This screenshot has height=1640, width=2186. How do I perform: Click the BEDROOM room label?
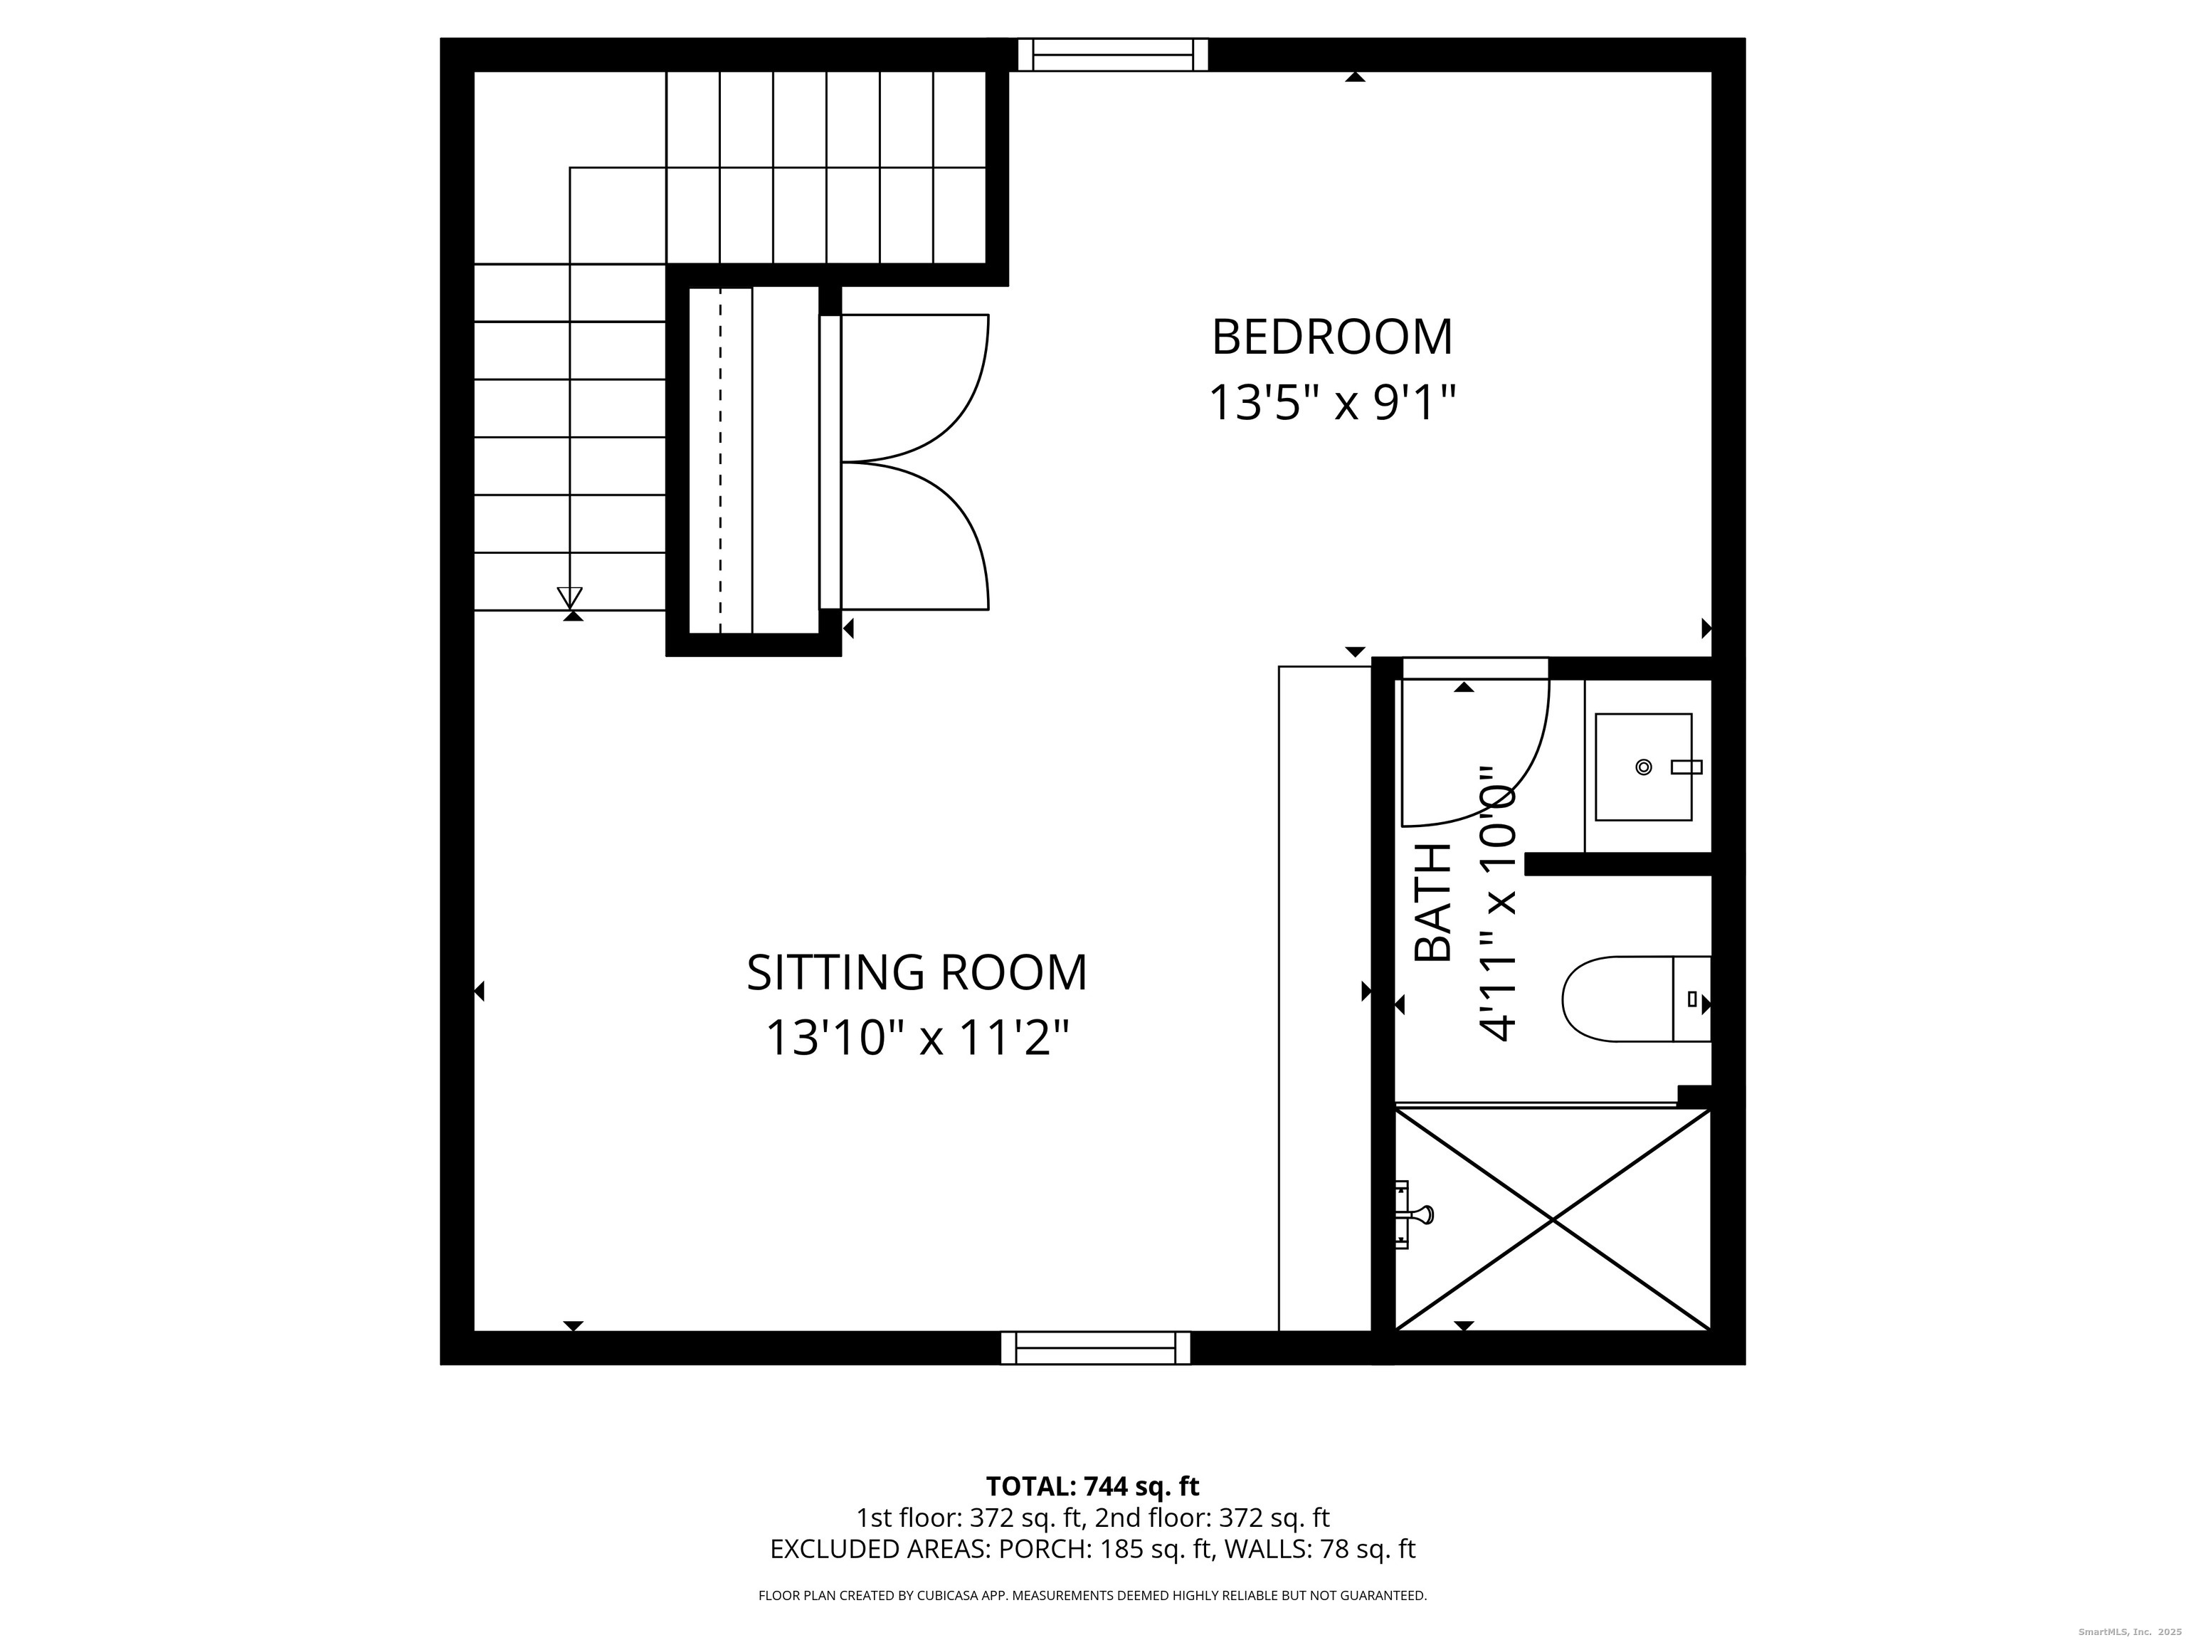(1331, 337)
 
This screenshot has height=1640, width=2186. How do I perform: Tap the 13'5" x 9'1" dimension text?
(1332, 404)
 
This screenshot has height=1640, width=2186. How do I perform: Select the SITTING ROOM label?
(916, 973)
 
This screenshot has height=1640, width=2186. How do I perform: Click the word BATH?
(1433, 903)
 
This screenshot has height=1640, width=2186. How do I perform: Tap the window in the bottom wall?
(1095, 1348)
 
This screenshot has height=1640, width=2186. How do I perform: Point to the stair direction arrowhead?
(569, 597)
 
